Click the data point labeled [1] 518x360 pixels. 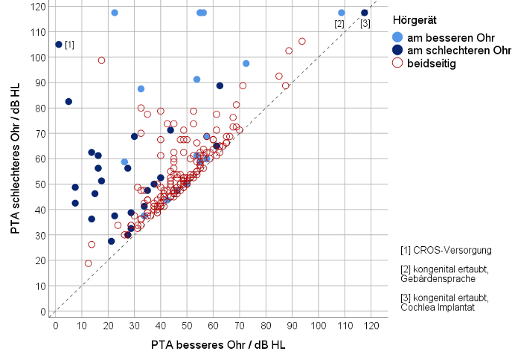pyautogui.click(x=59, y=45)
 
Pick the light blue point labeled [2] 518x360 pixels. pyautogui.click(x=342, y=13)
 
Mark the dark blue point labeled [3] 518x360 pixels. pyautogui.click(x=365, y=13)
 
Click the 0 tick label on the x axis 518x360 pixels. pyautogui.click(x=56, y=324)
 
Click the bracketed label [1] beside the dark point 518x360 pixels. pyautogui.click(x=70, y=45)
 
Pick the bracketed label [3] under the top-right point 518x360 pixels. pyautogui.click(x=365, y=25)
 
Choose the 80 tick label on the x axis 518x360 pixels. pyautogui.click(x=266, y=324)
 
